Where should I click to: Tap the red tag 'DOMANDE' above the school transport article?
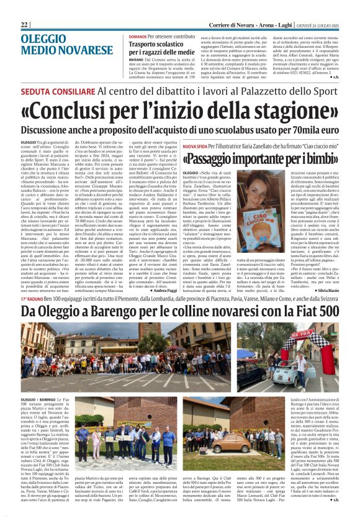coord(138,37)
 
